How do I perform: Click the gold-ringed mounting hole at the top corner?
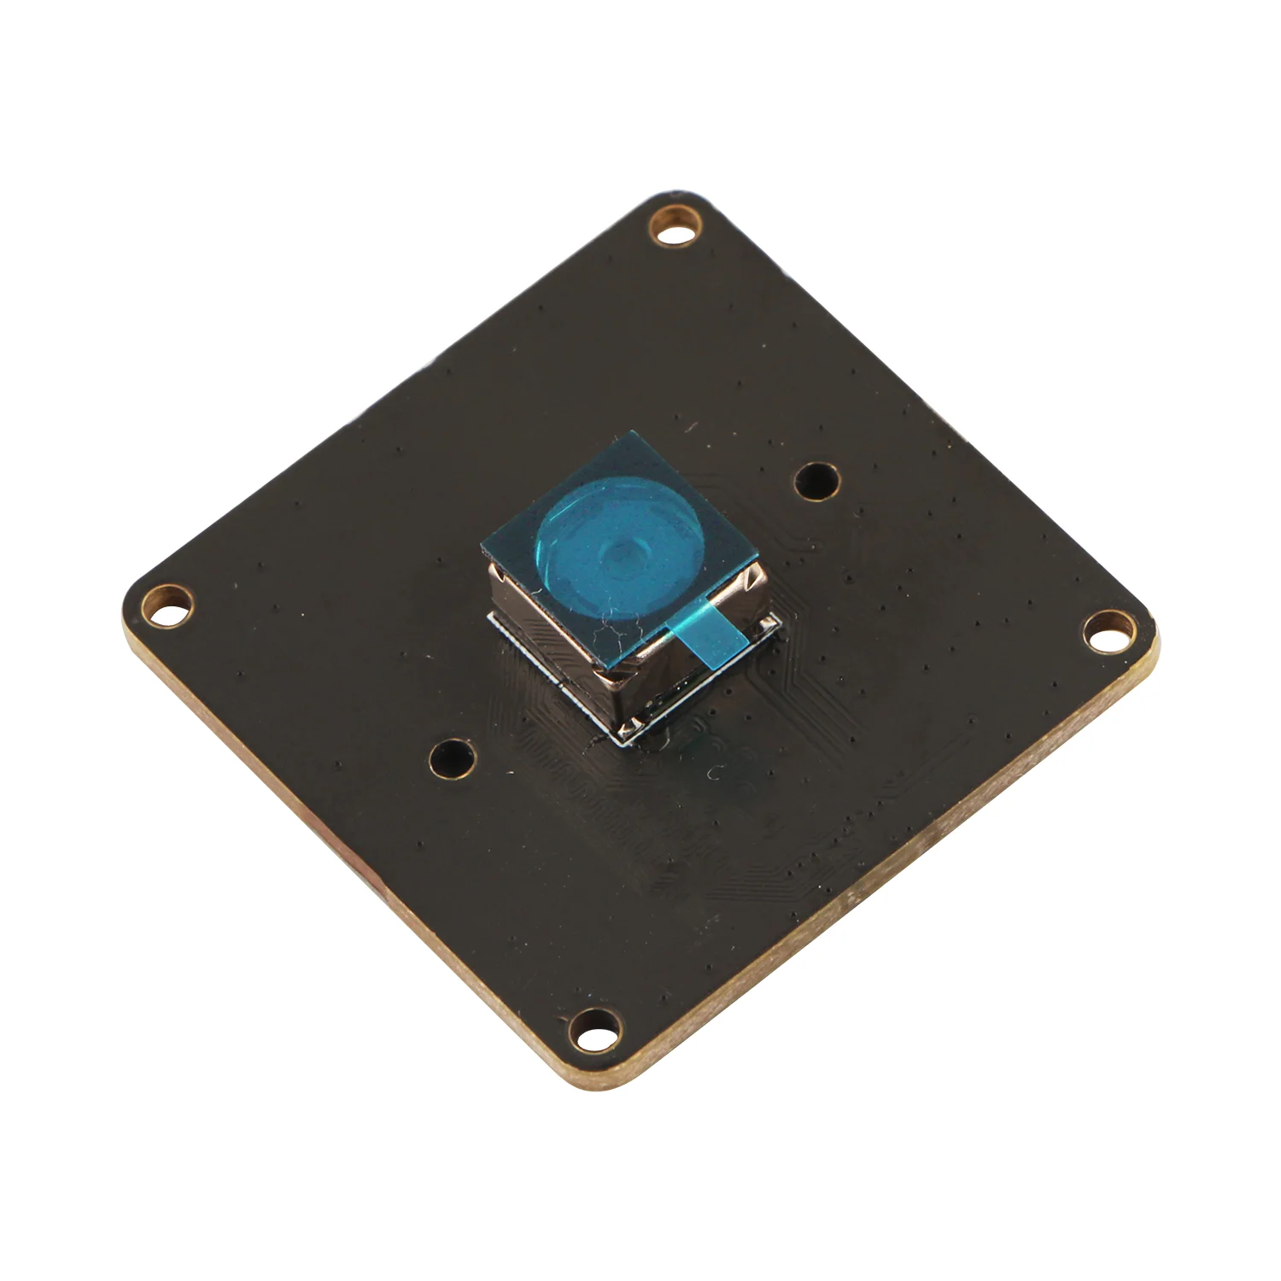(x=676, y=226)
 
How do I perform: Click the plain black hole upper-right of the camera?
(x=815, y=481)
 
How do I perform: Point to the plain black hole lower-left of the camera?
(x=451, y=756)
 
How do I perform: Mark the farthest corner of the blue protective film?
(x=634, y=431)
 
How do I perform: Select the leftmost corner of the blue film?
(x=481, y=544)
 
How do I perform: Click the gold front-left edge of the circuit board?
(x=342, y=863)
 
